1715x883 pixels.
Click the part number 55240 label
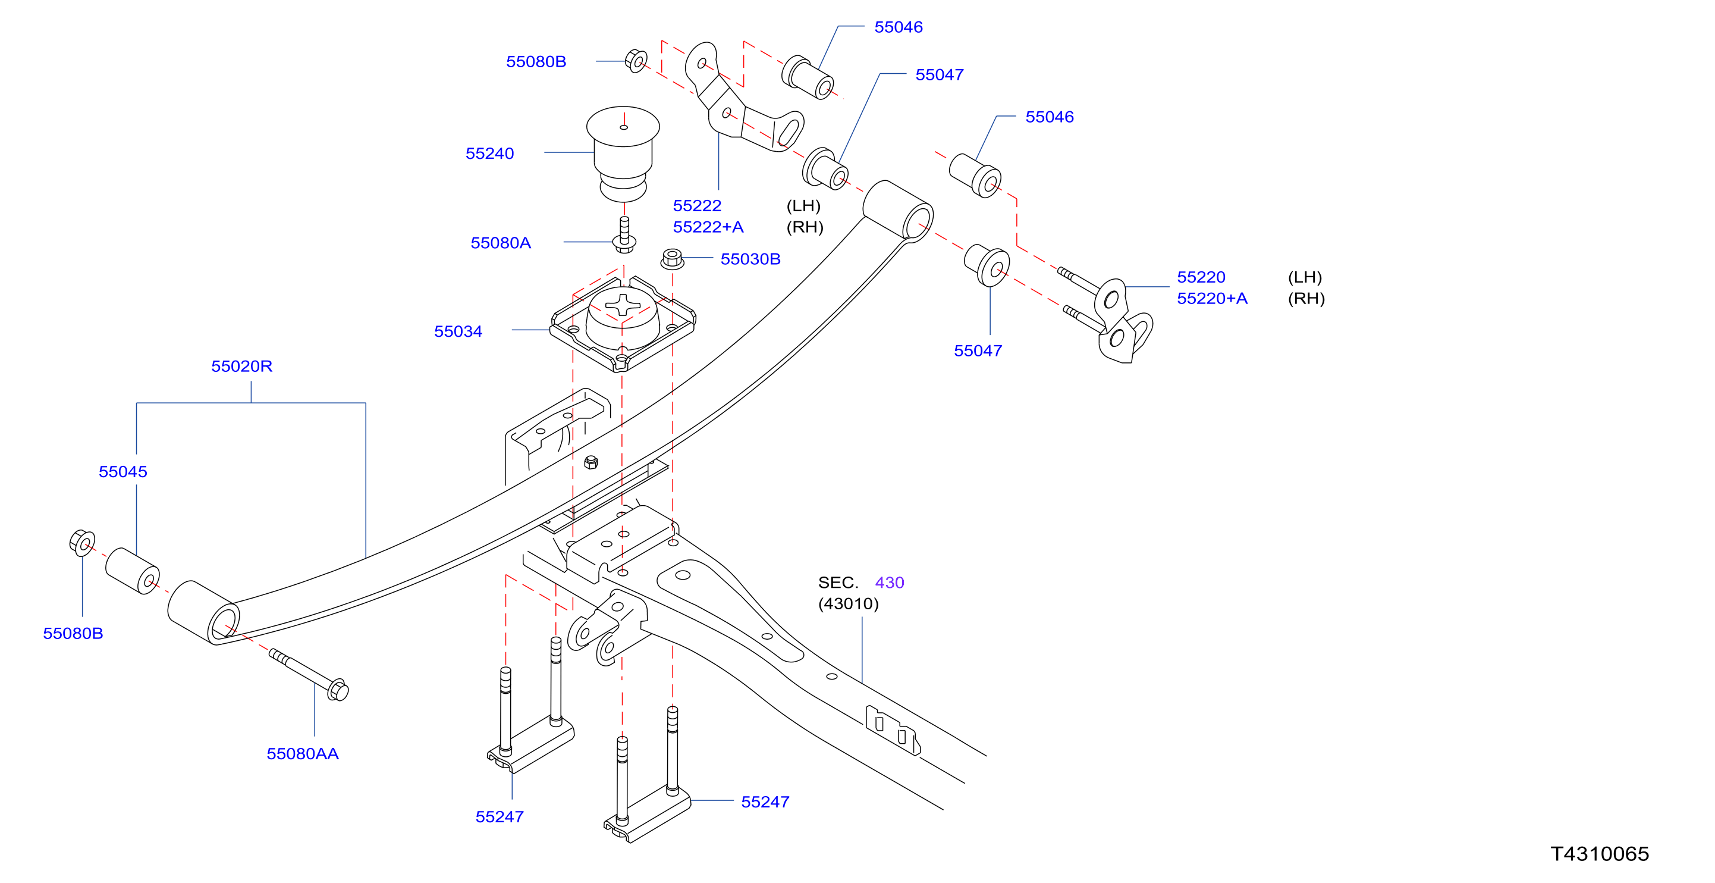[x=489, y=153]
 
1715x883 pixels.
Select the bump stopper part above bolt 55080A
[x=623, y=153]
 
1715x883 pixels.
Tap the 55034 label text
[x=458, y=331]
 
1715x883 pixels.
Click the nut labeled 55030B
[x=673, y=258]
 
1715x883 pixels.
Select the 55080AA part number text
[x=302, y=753]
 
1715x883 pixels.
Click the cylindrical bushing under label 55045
[x=133, y=571]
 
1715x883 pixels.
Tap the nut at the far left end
[x=82, y=543]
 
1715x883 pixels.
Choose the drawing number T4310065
[x=1600, y=854]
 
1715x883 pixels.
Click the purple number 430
[x=890, y=583]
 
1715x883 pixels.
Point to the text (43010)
[x=848, y=603]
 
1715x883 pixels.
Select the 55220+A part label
[x=1213, y=298]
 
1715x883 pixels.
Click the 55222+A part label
[x=708, y=227]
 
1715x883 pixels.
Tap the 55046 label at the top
[x=898, y=27]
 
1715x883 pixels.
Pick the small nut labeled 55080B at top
[x=636, y=61]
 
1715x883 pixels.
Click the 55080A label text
[x=501, y=243]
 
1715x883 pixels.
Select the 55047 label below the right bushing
[x=978, y=350]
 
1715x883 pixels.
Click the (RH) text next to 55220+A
[x=1306, y=298]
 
